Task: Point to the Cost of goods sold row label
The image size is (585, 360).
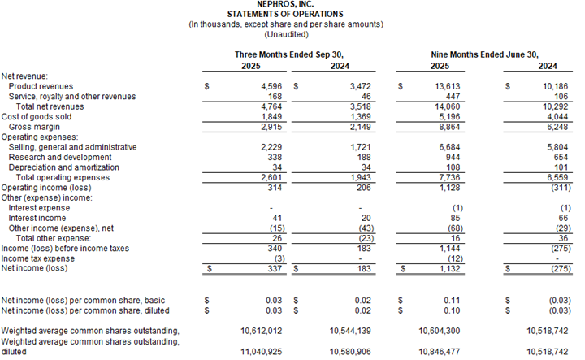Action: click(x=36, y=115)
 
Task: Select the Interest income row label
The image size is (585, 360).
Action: click(x=39, y=217)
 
